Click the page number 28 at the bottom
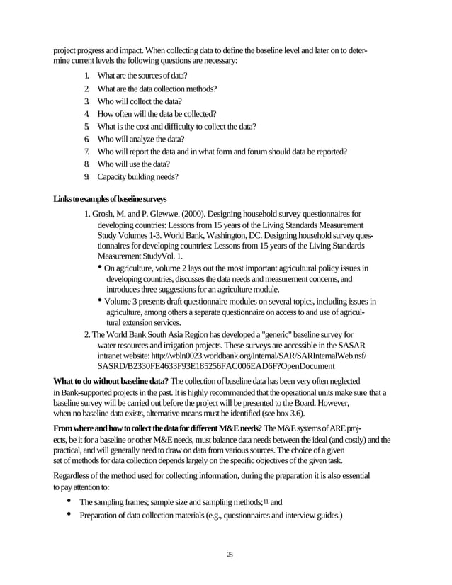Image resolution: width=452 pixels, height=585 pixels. pos(225,554)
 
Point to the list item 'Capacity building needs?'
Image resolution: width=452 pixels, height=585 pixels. pos(137,176)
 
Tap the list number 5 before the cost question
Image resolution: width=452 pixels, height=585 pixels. pos(86,126)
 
